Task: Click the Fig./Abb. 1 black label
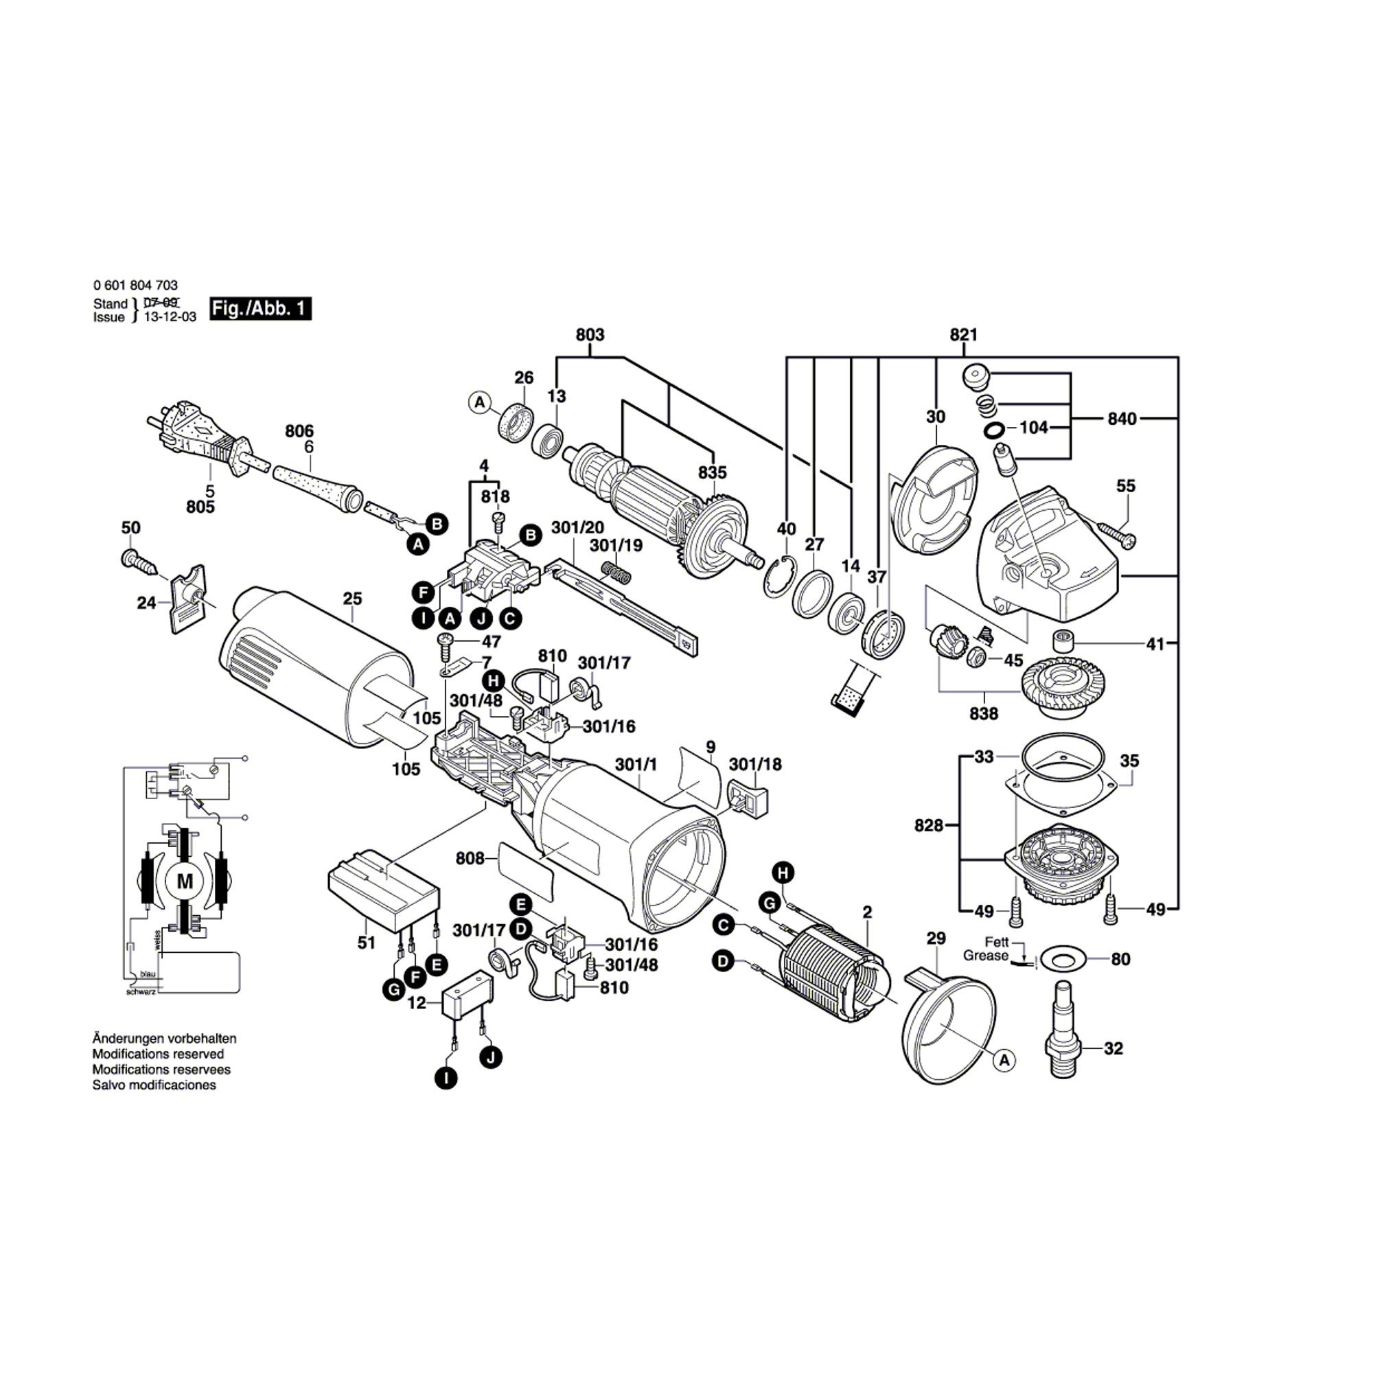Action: (260, 308)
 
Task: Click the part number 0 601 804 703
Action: (135, 285)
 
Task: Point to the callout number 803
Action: (589, 335)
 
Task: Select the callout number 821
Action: (963, 335)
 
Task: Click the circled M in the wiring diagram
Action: (185, 882)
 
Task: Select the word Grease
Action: (985, 956)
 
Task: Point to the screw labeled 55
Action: (1116, 533)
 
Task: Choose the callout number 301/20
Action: (577, 527)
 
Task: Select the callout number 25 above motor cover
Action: (352, 599)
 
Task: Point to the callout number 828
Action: (928, 825)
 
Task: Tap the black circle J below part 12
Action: (490, 1057)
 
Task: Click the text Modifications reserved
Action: (158, 1054)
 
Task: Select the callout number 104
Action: (1033, 427)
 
